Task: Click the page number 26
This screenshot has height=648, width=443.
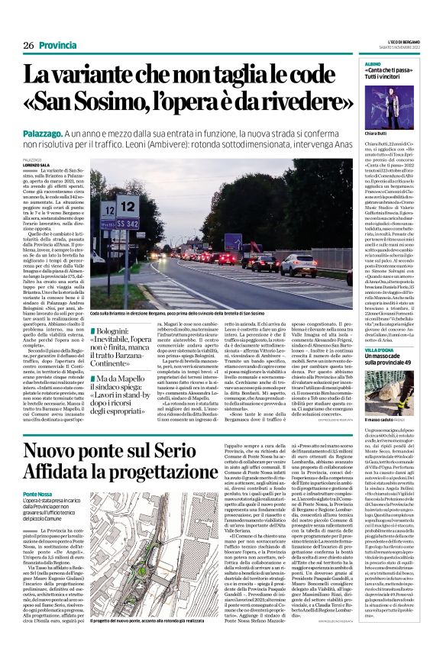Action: coord(28,46)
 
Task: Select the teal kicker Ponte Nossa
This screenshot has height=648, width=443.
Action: coord(40,494)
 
